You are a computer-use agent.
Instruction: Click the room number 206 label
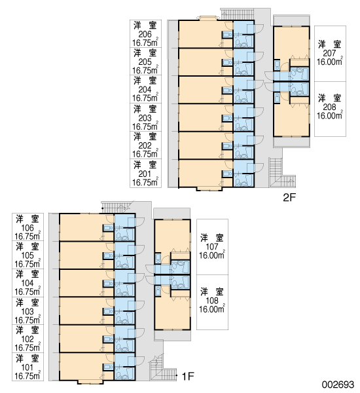pos(145,34)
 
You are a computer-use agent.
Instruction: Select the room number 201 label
pos(145,174)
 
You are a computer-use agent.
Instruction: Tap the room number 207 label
pos(329,53)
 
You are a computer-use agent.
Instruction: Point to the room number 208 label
pos(329,107)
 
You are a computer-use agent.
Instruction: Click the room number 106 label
pos(27,228)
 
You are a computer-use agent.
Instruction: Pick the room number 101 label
pos(27,367)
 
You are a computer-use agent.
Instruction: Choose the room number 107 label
pos(212,247)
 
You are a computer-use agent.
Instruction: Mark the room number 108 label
pos(212,301)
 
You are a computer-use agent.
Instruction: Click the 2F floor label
pos(289,198)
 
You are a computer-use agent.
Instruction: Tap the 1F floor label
pos(188,376)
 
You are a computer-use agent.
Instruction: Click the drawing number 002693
pos(338,384)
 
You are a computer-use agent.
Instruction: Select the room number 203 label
pos(145,118)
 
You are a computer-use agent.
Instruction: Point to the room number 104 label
pos(27,283)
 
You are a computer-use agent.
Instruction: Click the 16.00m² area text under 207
pos(330,61)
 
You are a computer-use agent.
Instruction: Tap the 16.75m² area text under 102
pos(27,347)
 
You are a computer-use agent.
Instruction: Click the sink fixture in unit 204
pos(227,90)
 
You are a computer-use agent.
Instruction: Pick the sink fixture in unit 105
pos(108,256)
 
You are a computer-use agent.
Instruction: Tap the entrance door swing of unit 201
pos(259,168)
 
